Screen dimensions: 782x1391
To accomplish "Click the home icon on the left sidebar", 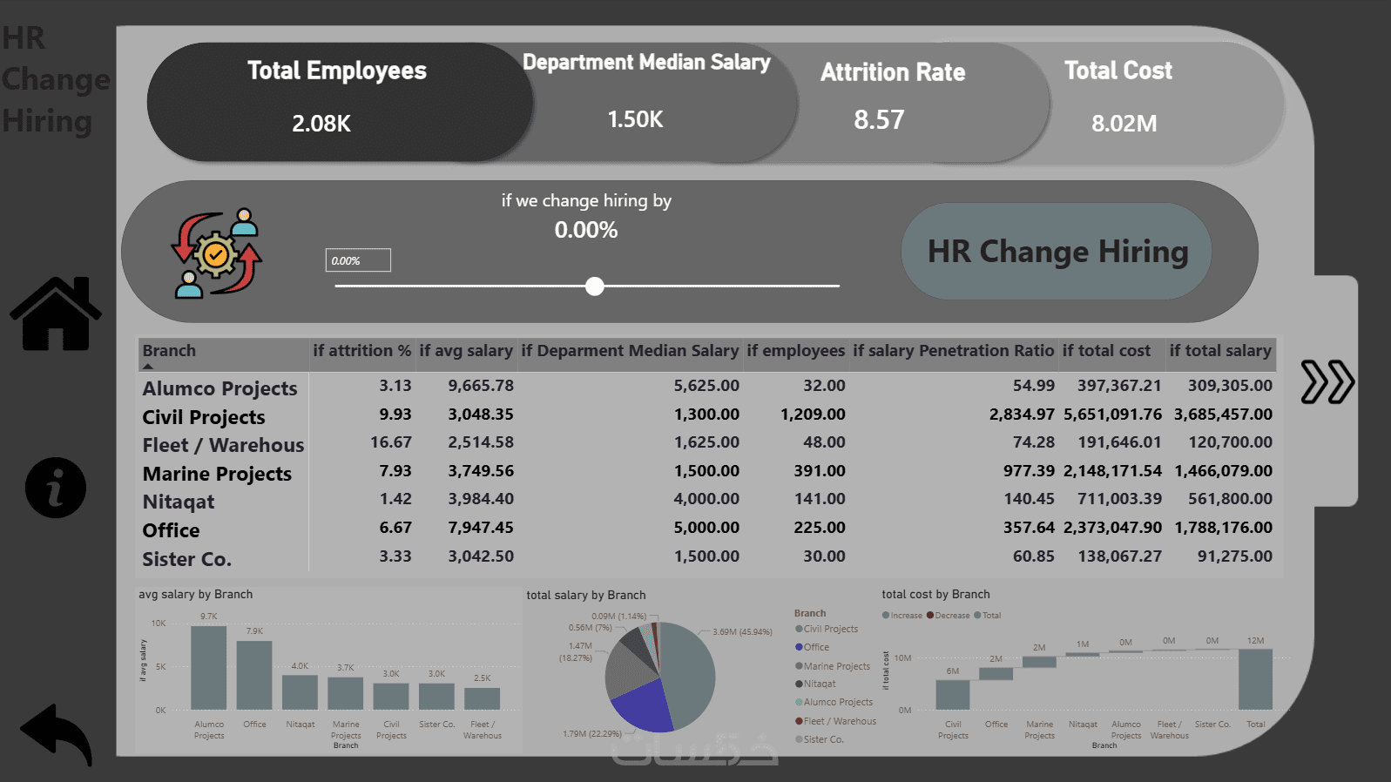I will pyautogui.click(x=56, y=314).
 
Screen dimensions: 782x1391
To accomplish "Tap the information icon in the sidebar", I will pyautogui.click(x=56, y=488).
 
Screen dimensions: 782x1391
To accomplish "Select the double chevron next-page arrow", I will pyautogui.click(x=1327, y=382).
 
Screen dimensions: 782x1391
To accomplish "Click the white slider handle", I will pyautogui.click(x=595, y=287).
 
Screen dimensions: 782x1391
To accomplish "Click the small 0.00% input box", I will pyautogui.click(x=358, y=260).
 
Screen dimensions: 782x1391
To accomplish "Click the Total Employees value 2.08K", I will pyautogui.click(x=321, y=124).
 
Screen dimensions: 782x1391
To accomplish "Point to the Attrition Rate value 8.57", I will pyautogui.click(x=879, y=119).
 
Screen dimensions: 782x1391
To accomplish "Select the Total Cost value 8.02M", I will pyautogui.click(x=1124, y=124).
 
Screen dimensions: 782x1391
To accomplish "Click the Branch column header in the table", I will pyautogui.click(x=170, y=351).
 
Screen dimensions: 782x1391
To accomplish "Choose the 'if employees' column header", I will pyautogui.click(x=795, y=351).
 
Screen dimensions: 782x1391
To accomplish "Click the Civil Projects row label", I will pyautogui.click(x=204, y=417).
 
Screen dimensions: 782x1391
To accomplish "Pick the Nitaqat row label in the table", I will pyautogui.click(x=179, y=502).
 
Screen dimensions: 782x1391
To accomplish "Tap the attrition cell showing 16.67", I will pyautogui.click(x=390, y=442).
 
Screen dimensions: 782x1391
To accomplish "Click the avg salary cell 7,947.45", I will pyautogui.click(x=481, y=528).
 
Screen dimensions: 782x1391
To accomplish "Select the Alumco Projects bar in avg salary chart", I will pyautogui.click(x=209, y=668).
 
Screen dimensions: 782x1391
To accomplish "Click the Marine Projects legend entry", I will pyautogui.click(x=836, y=666).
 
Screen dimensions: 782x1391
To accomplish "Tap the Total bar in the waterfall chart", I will pyautogui.click(x=1255, y=679).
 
